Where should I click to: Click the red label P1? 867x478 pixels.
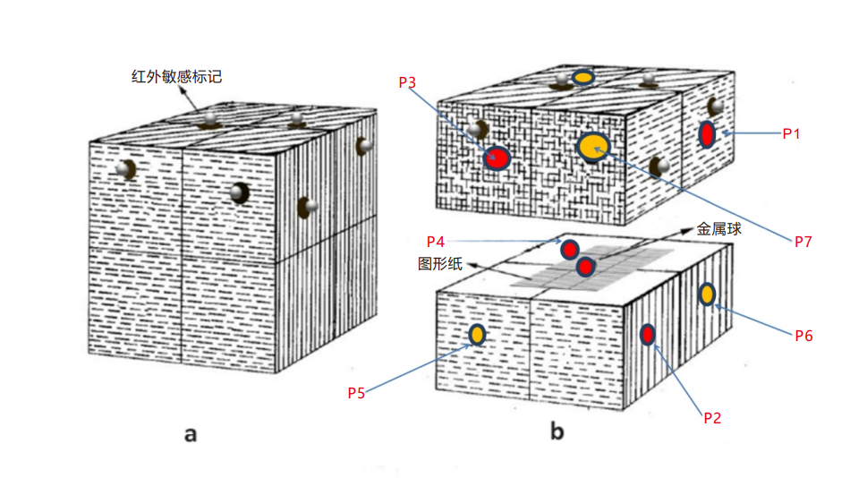[x=791, y=133]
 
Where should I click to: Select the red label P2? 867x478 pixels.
[x=711, y=417]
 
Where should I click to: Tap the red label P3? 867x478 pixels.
[x=407, y=82]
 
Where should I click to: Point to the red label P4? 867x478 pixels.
[x=436, y=242]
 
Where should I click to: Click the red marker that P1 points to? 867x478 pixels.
[x=707, y=135]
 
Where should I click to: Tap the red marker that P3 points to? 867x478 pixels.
[x=497, y=159]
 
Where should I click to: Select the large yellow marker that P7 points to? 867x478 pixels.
[x=593, y=145]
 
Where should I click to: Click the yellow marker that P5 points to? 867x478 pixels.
[x=477, y=335]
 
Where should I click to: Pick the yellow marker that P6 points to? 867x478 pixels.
[x=707, y=294]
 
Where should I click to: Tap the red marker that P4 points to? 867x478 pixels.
[x=569, y=250]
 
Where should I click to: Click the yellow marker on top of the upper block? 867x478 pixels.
[x=583, y=78]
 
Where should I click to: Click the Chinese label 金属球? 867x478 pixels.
[x=719, y=230]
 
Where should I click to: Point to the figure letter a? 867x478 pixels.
[x=190, y=435]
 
